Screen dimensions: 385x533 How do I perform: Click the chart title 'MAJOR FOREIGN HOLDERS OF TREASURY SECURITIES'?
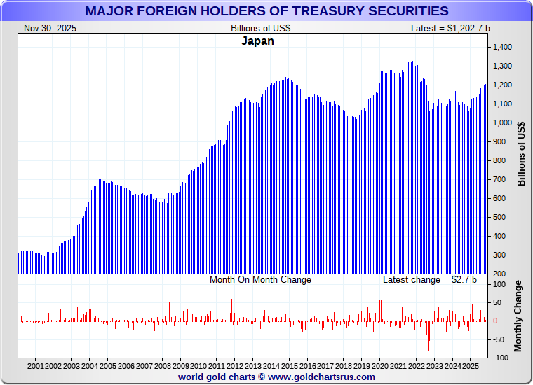[x=266, y=10]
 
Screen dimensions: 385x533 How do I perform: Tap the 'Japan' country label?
[x=257, y=41]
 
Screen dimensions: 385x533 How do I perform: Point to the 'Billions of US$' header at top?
[x=260, y=28]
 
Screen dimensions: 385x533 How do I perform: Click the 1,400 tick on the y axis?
[x=503, y=47]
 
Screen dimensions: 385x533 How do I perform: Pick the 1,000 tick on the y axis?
[x=503, y=122]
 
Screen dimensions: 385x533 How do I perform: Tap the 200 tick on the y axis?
[x=499, y=274]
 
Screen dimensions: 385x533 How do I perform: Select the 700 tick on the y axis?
[x=499, y=179]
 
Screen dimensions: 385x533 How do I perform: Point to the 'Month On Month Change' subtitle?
[x=260, y=280]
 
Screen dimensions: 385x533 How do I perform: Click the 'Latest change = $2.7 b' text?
[x=429, y=280]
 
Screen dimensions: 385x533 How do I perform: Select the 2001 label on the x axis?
[x=36, y=366]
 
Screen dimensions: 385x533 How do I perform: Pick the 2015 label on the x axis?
[x=290, y=366]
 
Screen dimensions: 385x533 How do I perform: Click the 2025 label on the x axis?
[x=471, y=366]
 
